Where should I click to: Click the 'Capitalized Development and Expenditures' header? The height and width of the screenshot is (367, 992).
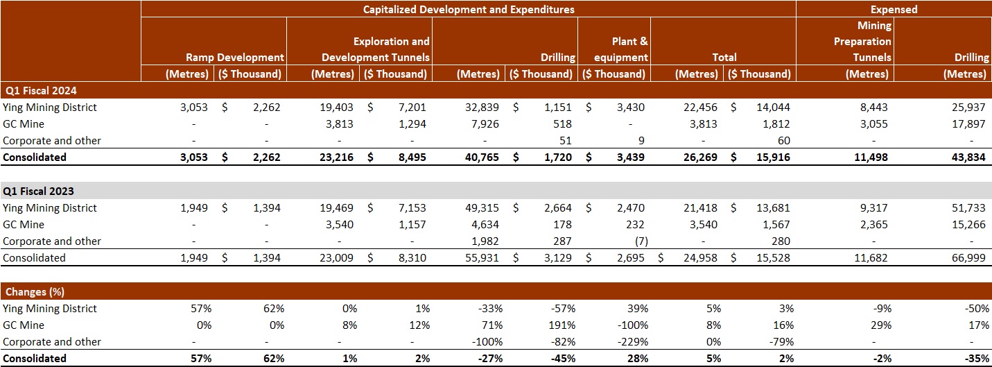pyautogui.click(x=469, y=9)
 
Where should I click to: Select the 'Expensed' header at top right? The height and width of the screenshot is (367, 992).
pyautogui.click(x=894, y=9)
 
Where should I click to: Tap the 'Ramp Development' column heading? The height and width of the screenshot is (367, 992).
pyautogui.click(x=235, y=58)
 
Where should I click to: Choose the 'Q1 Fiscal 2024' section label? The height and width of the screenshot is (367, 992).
pyautogui.click(x=40, y=90)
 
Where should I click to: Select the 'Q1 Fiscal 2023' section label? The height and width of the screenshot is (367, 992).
pyautogui.click(x=40, y=191)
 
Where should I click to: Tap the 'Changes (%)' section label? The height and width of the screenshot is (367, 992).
pyautogui.click(x=35, y=291)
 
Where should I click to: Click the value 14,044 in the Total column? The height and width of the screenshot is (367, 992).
pyautogui.click(x=771, y=108)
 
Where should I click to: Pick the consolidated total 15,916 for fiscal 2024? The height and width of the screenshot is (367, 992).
pyautogui.click(x=771, y=157)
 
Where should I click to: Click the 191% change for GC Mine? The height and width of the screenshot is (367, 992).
pyautogui.click(x=559, y=325)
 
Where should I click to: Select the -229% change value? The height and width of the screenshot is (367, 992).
pyautogui.click(x=632, y=342)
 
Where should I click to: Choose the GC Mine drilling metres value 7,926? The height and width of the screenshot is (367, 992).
pyautogui.click(x=484, y=124)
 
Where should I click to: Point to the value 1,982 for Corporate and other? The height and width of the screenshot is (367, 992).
pyautogui.click(x=484, y=241)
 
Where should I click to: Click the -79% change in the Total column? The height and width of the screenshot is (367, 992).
pyautogui.click(x=778, y=342)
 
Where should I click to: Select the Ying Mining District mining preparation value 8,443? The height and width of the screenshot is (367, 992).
pyautogui.click(x=872, y=108)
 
